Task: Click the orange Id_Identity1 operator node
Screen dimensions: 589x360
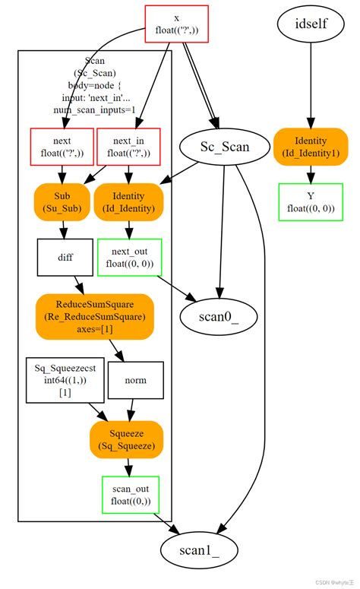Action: (x=310, y=147)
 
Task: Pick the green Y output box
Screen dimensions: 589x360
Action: (x=310, y=201)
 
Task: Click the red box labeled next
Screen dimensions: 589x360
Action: (x=62, y=147)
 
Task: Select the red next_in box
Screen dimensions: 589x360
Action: (x=128, y=147)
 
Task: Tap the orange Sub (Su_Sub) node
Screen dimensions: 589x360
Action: (x=62, y=201)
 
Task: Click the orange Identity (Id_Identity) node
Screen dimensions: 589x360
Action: (x=128, y=201)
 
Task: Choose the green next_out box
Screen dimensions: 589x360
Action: (x=128, y=257)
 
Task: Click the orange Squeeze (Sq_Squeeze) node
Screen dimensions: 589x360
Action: (x=126, y=440)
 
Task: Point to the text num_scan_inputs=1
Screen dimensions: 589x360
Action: (x=94, y=109)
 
